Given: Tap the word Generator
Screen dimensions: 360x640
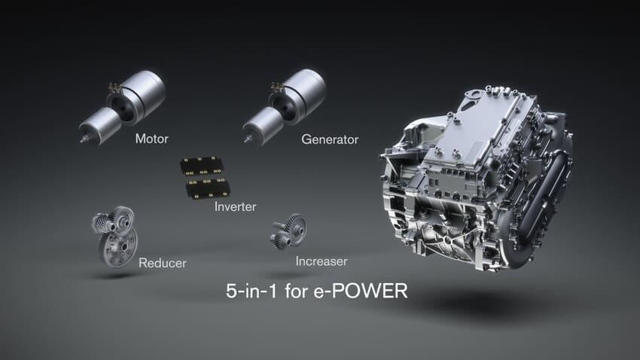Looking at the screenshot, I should point(329,139).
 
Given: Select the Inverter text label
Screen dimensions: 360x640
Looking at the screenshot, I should point(235,206).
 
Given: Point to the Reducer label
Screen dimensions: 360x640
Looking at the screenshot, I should point(162,263).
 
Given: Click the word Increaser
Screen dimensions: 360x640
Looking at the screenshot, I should point(322,261).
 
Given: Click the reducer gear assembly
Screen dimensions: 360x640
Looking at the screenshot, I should point(115,236).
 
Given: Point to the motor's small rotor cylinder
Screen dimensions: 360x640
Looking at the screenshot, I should point(97,123).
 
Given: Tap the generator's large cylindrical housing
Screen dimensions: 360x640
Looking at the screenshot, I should point(303,90).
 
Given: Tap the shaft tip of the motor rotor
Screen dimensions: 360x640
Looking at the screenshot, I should point(81,139).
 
